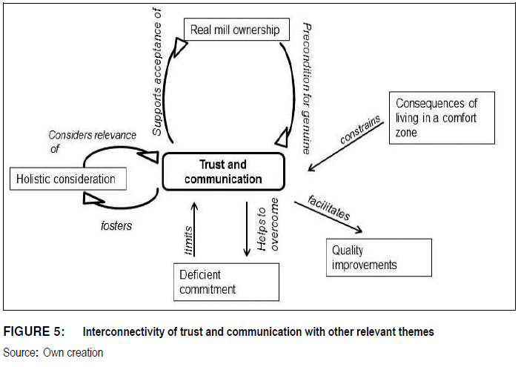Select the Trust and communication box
[x=224, y=173]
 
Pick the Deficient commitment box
[x=226, y=282]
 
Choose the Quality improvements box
[x=378, y=257]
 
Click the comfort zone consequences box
[x=441, y=118]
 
